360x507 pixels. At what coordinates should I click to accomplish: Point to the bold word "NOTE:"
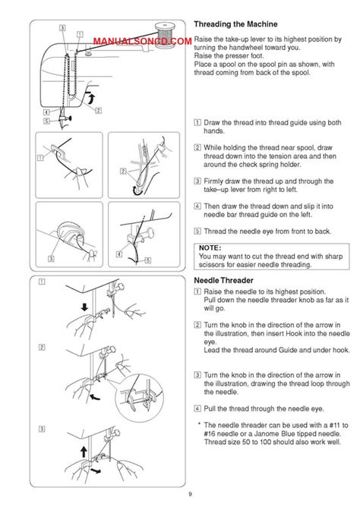[210, 247]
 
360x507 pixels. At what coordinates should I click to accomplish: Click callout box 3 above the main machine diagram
[62, 28]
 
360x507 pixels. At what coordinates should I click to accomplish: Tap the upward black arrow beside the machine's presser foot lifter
[92, 98]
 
